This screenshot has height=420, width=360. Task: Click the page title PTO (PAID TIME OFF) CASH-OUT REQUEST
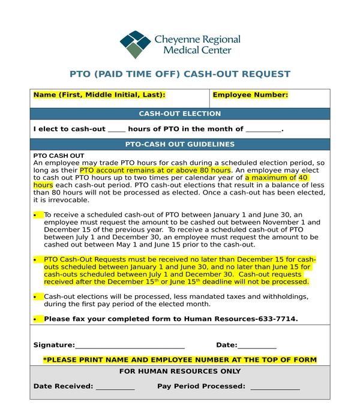click(x=180, y=74)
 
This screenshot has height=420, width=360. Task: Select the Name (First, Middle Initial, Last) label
click(x=99, y=95)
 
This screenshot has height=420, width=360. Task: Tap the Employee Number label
click(x=250, y=95)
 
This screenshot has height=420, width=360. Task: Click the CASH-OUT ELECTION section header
click(x=180, y=114)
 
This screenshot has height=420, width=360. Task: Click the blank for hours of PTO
click(x=117, y=130)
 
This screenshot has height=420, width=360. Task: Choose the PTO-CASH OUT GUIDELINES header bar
click(x=180, y=145)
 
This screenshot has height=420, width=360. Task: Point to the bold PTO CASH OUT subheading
click(x=59, y=156)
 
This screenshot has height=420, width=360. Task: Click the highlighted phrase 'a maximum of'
click(x=270, y=178)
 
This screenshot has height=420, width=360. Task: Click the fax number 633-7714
click(x=277, y=319)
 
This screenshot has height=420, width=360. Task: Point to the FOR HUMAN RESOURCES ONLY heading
click(x=180, y=371)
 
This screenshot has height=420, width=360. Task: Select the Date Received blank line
click(x=115, y=388)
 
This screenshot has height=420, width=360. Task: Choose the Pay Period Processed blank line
click(x=275, y=388)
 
